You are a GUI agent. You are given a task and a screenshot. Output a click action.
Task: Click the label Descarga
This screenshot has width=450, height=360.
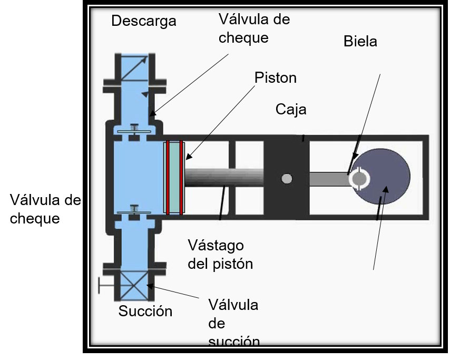tap(144, 21)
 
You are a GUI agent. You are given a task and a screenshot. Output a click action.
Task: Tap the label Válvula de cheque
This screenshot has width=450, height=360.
tap(255, 28)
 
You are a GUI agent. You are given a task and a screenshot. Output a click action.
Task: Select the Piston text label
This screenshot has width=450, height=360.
tap(276, 78)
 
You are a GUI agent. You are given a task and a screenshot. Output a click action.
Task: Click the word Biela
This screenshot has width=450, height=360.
tap(360, 42)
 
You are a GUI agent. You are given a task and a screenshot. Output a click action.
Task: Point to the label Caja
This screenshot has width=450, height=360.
tap(291, 110)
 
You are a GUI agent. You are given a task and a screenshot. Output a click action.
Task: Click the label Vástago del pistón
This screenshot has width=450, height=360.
tap(220, 254)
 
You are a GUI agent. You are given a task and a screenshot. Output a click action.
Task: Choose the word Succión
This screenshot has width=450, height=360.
tap(145, 311)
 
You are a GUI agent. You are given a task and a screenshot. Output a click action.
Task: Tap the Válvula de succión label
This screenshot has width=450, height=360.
tap(233, 323)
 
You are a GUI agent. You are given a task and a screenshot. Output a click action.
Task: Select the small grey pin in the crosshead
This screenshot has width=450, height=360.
tap(287, 179)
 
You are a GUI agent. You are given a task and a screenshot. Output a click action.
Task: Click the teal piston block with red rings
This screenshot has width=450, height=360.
tap(174, 178)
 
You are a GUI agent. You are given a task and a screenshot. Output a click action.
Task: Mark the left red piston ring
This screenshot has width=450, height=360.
tap(168, 178)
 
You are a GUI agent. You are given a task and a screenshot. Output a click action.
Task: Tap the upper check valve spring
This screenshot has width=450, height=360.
tap(134, 128)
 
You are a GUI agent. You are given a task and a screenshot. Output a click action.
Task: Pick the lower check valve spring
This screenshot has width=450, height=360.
tap(134, 209)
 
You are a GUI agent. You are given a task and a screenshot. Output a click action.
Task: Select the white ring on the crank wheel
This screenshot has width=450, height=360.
tap(359, 178)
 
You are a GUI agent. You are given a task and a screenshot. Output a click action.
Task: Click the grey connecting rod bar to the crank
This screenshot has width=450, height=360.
tap(329, 179)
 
